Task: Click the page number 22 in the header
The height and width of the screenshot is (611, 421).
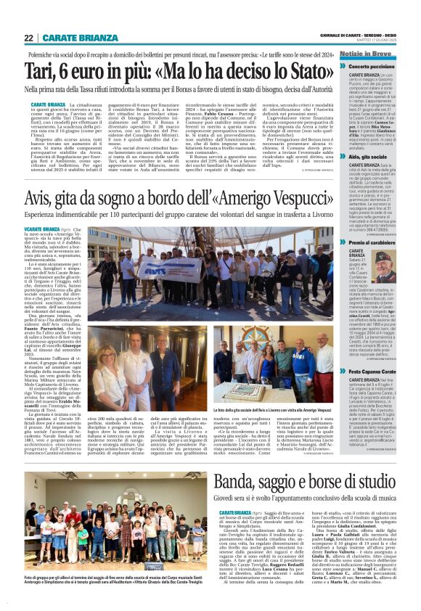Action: click(29, 38)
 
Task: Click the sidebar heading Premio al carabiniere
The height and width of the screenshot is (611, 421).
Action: click(377, 242)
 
